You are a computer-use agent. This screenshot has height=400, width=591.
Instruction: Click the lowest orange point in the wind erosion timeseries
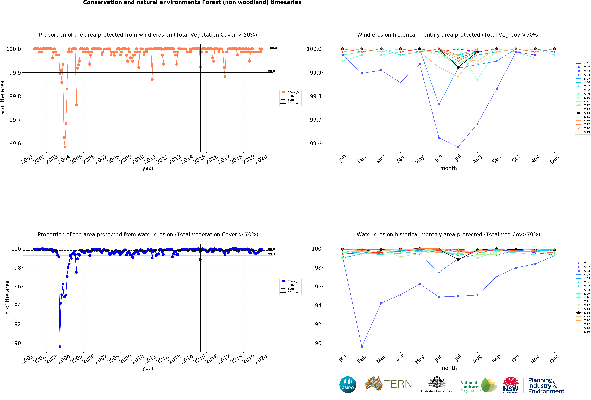tap(65, 147)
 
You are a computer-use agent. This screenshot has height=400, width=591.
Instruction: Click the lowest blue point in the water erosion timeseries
tap(60, 347)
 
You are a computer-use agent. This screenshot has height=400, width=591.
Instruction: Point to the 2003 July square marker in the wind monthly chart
tap(458, 147)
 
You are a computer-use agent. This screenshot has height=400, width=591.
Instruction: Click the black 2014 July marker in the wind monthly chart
tap(458, 67)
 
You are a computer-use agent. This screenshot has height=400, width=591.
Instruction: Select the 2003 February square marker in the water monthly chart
tap(362, 347)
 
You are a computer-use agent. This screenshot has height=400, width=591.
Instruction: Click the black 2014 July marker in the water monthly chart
tap(458, 259)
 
